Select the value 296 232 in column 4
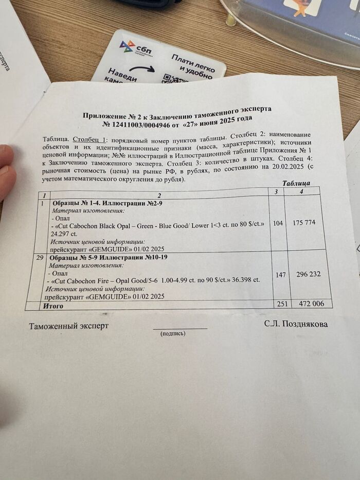pos(309,274)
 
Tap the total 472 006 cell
pos(312,304)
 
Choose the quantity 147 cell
pos(280,275)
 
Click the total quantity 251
pos(281,304)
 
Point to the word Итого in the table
pos(53,306)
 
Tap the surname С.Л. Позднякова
pos(296,324)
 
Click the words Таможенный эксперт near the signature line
pos(68,326)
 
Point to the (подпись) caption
pos(173,333)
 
